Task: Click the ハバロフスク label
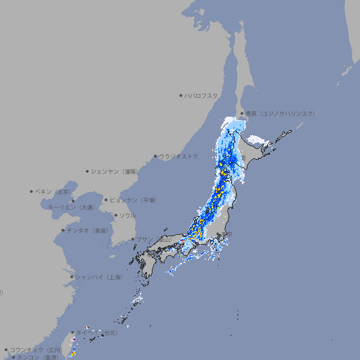tap(202, 95)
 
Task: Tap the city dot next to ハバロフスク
tap(181, 95)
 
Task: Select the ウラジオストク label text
tap(179, 156)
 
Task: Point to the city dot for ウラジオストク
tap(155, 156)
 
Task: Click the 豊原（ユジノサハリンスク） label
tap(281, 113)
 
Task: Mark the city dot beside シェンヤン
tap(87, 171)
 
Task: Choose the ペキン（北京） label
tap(53, 191)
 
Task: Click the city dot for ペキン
tap(31, 191)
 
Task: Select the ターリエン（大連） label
tap(71, 208)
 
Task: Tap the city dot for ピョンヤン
tap(106, 200)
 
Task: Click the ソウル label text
tap(127, 215)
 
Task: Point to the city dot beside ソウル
tap(115, 215)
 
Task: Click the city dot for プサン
tap(133, 239)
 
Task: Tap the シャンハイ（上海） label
tap(99, 277)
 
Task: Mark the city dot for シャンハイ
tap(72, 277)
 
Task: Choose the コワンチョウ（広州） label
tap(36, 349)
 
